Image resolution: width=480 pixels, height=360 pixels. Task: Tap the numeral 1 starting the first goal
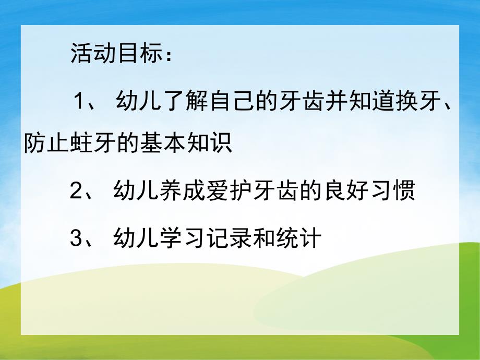coord(79,99)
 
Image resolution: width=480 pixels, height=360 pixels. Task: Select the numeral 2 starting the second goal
coord(76,192)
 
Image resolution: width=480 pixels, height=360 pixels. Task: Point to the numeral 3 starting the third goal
coord(76,238)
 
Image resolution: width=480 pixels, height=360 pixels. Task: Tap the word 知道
coord(371,99)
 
